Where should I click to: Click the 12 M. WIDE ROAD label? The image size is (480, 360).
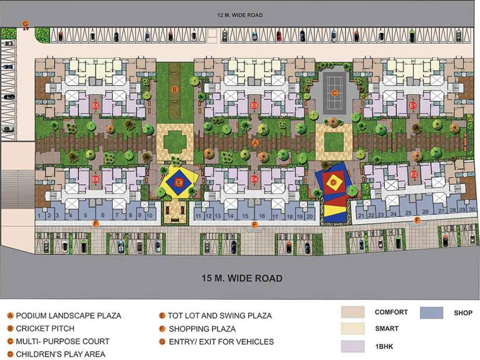point(240,15)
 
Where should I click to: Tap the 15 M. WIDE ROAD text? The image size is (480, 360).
point(242,278)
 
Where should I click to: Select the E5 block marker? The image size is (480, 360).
point(96,105)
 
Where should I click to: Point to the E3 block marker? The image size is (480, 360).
point(254,105)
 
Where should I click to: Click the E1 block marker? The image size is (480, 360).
point(413,105)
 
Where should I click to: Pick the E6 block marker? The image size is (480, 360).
point(96,179)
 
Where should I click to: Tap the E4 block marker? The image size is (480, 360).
point(254,179)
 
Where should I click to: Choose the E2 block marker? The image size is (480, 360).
point(414,174)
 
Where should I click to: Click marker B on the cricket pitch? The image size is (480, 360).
point(174,89)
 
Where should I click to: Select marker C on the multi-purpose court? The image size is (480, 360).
point(334,93)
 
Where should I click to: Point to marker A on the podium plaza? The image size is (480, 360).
point(255,142)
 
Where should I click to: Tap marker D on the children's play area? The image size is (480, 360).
point(333,182)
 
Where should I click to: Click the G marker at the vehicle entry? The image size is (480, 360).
point(25,23)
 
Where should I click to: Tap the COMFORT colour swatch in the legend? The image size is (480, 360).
point(353,313)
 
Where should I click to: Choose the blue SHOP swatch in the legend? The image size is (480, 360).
point(431,313)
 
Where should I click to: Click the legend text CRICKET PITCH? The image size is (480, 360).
point(45,329)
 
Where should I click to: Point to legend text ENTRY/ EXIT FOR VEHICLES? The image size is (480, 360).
point(221,342)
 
